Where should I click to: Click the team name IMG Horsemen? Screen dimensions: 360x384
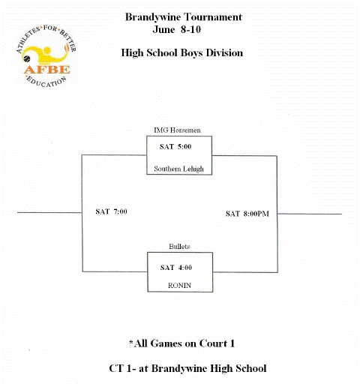pyautogui.click(x=177, y=130)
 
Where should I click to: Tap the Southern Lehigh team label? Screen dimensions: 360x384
pyautogui.click(x=179, y=169)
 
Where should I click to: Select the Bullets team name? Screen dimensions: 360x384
pyautogui.click(x=179, y=247)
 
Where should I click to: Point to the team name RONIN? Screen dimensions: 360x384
pyautogui.click(x=179, y=285)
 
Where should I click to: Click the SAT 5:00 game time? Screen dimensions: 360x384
pyautogui.click(x=175, y=146)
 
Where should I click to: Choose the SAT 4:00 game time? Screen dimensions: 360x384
pyautogui.click(x=176, y=268)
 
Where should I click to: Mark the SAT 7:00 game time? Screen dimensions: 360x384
pyautogui.click(x=111, y=211)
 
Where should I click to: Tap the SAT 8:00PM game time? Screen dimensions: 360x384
pyautogui.click(x=247, y=214)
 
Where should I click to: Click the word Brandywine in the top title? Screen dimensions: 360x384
pyautogui.click(x=153, y=17)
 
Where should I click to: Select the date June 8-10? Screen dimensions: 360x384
pyautogui.click(x=177, y=29)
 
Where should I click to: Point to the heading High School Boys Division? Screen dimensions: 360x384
pyautogui.click(x=182, y=53)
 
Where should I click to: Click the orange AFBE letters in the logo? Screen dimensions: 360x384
pyautogui.click(x=47, y=70)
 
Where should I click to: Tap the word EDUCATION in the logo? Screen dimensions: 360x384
pyautogui.click(x=46, y=82)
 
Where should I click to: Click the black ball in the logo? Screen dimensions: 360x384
pyautogui.click(x=26, y=58)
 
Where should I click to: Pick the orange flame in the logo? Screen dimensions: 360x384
pyautogui.click(x=67, y=47)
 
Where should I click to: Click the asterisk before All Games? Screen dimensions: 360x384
pyautogui.click(x=131, y=341)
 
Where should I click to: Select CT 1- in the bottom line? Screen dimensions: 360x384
pyautogui.click(x=121, y=368)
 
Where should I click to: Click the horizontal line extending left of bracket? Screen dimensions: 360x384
pyautogui.click(x=49, y=213)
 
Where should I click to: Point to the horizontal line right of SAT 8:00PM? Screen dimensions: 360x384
pyautogui.click(x=310, y=214)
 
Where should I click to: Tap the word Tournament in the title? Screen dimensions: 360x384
pyautogui.click(x=213, y=17)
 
